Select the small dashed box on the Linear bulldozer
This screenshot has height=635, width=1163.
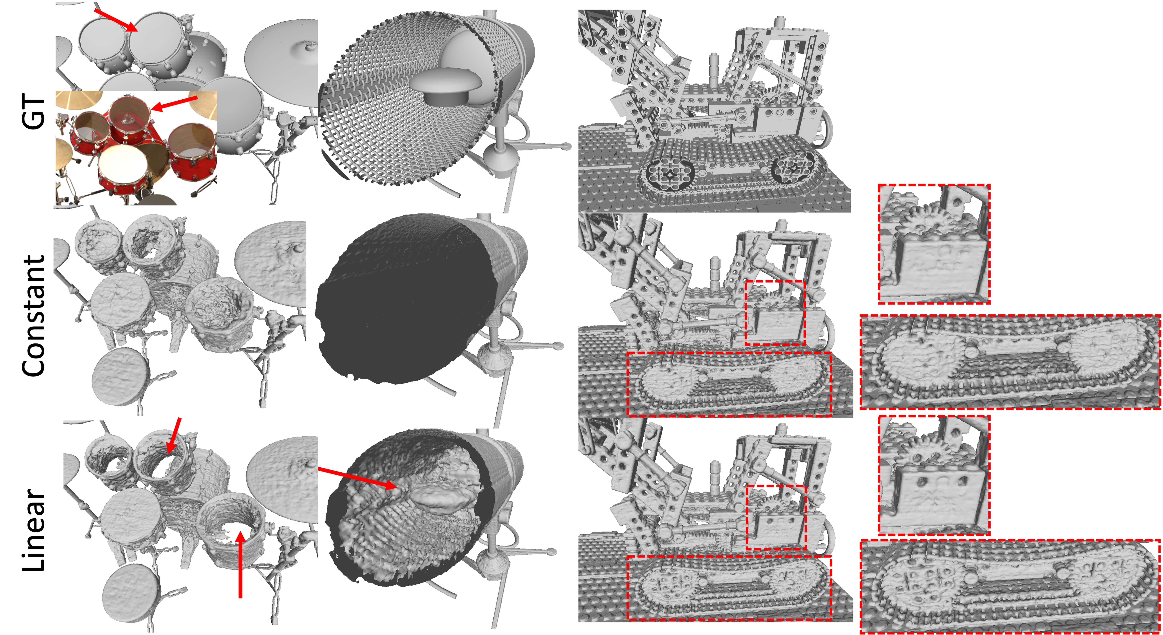tap(776, 517)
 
